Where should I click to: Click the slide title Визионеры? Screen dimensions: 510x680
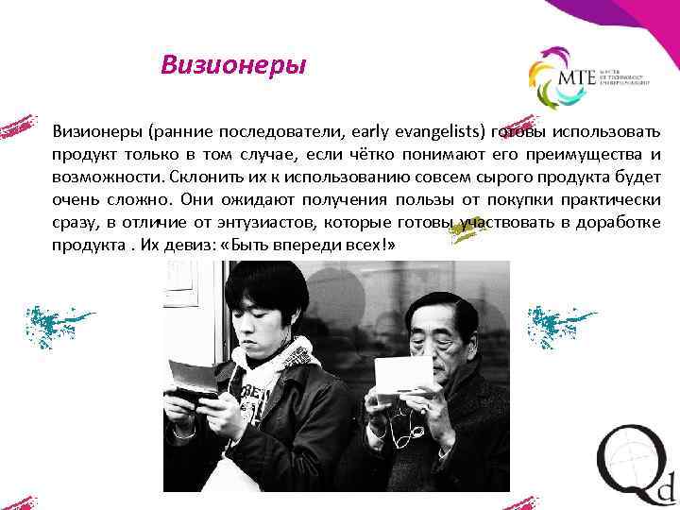point(233,65)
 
